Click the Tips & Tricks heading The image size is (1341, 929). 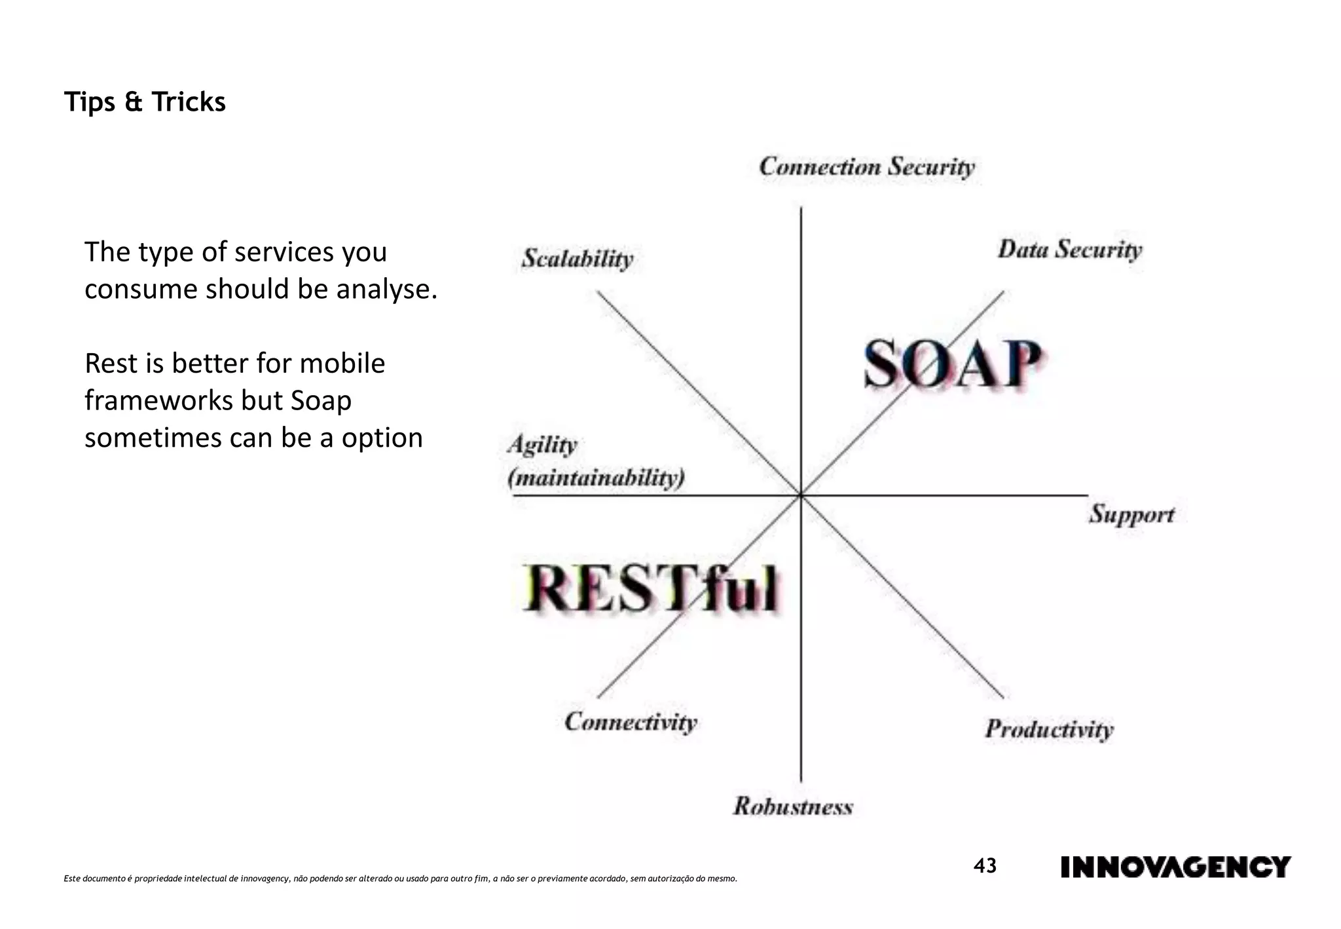145,102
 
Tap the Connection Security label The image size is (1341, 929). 866,167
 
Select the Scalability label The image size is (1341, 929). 577,259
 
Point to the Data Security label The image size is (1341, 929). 1069,250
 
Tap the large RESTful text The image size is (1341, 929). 651,588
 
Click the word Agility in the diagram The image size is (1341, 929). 542,445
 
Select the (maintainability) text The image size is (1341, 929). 596,478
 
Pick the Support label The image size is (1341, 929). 1131,514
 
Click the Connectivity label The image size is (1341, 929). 631,722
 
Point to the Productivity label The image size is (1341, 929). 1049,729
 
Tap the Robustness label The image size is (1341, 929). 793,806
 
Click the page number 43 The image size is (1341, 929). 984,866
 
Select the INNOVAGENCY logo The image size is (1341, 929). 1175,867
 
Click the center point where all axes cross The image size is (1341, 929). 801,496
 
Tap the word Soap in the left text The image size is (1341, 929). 321,400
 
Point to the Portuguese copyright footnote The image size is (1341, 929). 400,879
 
